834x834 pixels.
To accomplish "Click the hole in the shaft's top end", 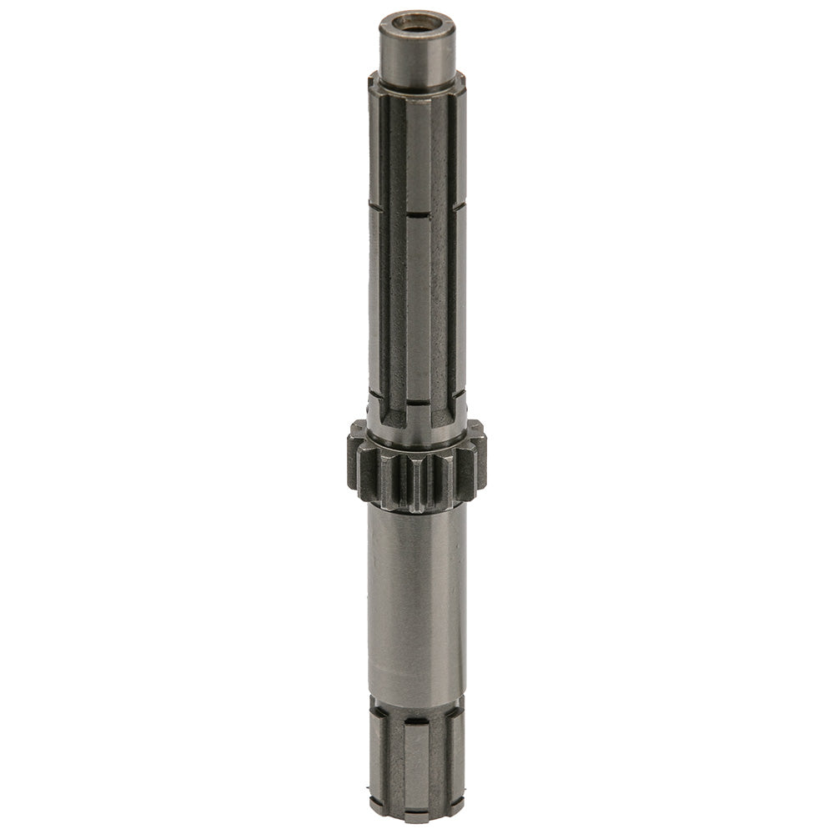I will [x=411, y=19].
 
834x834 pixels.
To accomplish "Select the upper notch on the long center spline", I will [x=418, y=215].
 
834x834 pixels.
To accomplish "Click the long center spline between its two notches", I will [x=418, y=309].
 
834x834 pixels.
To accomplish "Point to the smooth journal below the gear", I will [x=414, y=600].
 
